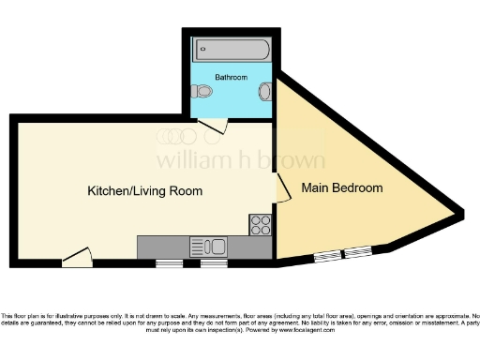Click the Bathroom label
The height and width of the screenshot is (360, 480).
coord(231,77)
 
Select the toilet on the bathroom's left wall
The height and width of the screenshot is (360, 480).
coord(200,92)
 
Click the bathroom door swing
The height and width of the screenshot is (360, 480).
coord(215,126)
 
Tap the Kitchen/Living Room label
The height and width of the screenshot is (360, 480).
coord(144,190)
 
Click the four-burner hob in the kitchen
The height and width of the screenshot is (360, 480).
coord(260,225)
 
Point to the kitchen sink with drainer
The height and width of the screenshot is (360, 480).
coord(208,247)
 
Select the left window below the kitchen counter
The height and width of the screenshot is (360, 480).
coord(169,263)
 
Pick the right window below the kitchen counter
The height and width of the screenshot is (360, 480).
coord(214,263)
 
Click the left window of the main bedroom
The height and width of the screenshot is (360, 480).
coord(327,255)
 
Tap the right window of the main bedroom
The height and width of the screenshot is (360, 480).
coord(357,251)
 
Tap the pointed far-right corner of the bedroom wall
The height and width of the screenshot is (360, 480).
coord(461,214)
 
